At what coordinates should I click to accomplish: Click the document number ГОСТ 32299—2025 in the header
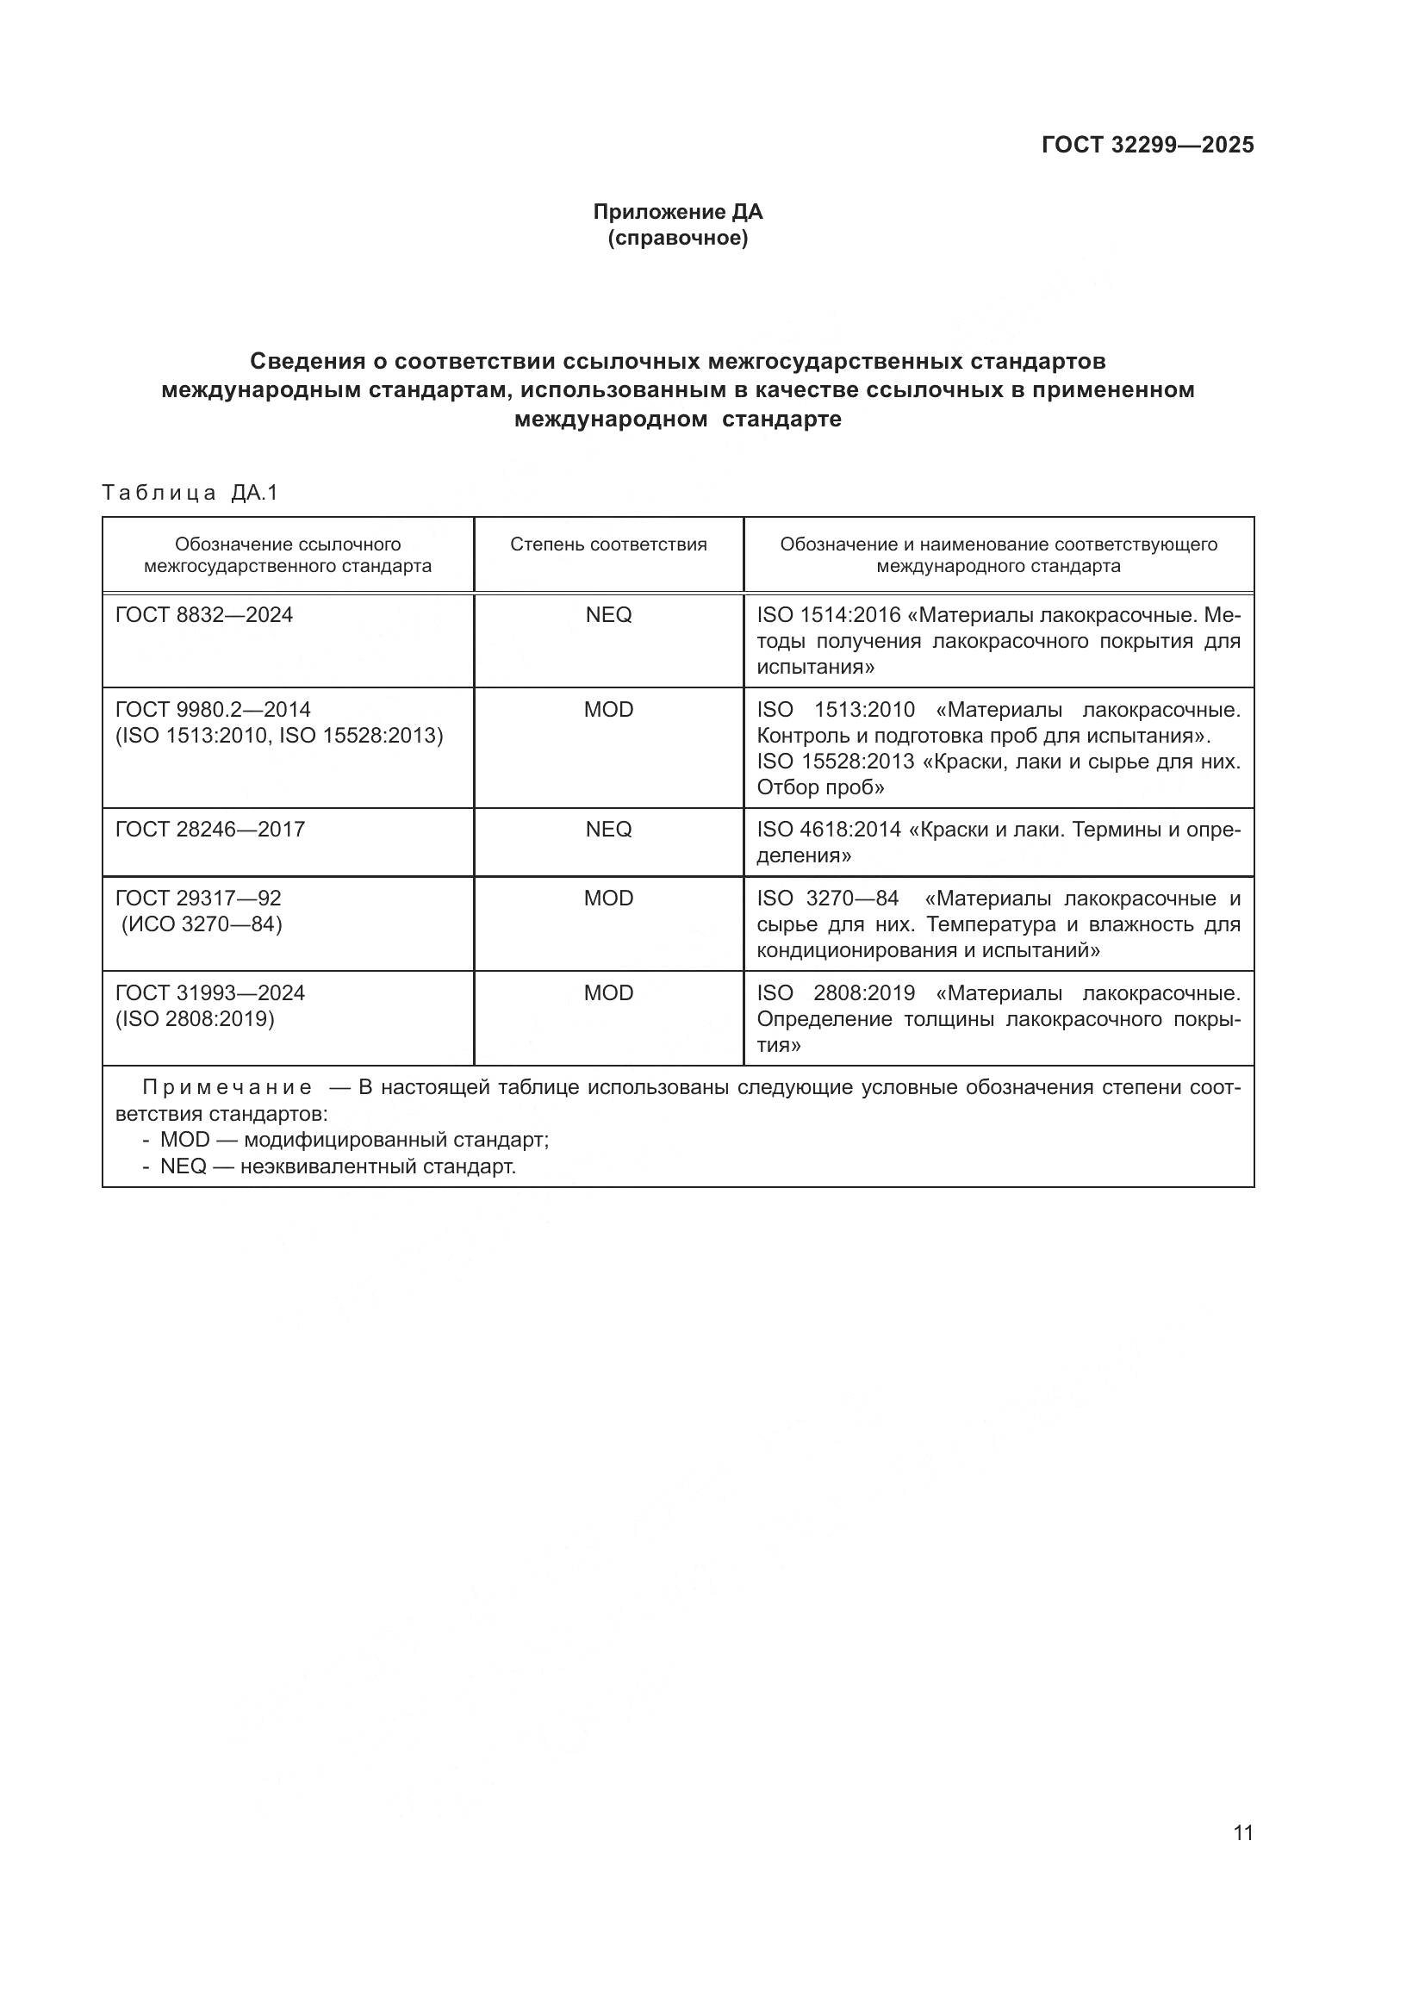1147,146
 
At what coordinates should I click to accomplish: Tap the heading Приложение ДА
677,212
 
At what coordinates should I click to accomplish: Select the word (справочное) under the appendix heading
677,238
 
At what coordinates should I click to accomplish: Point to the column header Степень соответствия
608,544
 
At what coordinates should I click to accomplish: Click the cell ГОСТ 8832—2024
204,615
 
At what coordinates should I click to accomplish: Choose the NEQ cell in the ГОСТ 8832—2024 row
608,615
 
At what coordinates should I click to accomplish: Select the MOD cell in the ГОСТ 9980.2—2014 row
608,710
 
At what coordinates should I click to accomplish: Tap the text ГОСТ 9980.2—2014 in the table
213,710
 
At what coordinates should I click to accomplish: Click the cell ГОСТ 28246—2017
210,830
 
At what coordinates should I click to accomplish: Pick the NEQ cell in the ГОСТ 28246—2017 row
608,830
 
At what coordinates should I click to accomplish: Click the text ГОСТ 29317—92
198,899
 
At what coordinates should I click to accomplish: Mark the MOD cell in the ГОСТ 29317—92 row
608,899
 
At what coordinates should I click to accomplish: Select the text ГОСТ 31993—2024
210,993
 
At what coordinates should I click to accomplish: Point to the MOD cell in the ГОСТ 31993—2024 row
608,993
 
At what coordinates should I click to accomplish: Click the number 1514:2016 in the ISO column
850,615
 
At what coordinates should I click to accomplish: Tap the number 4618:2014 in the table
850,830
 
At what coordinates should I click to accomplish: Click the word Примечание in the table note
227,1088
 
